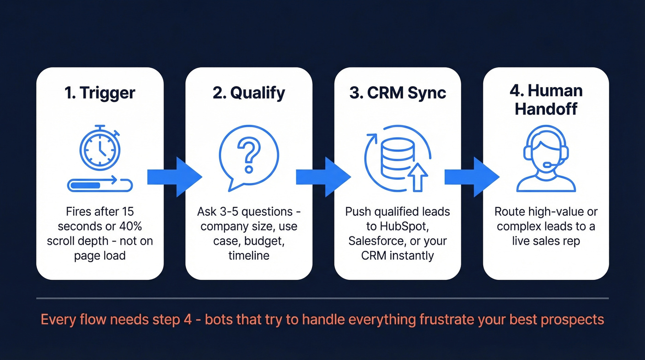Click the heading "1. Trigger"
point(100,93)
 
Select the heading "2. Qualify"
point(249,93)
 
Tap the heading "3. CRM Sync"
point(398,93)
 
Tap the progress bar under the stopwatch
point(100,185)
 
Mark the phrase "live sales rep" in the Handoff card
point(546,241)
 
